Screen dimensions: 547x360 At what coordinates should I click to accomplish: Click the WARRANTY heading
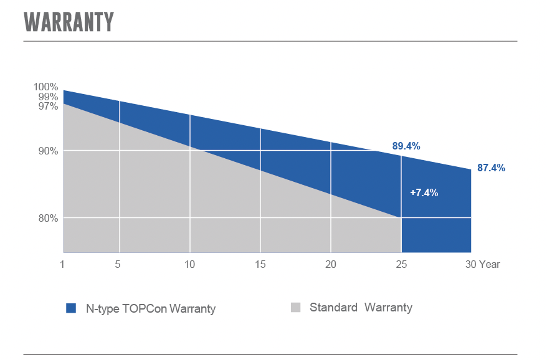click(69, 22)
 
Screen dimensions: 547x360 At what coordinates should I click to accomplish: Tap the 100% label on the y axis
click(45, 87)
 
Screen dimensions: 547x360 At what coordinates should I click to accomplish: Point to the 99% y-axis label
click(48, 97)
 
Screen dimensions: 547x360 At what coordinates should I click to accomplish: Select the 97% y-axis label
click(48, 106)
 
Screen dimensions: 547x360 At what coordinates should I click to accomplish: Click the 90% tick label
click(48, 151)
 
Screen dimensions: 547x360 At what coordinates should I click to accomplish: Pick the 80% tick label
click(48, 219)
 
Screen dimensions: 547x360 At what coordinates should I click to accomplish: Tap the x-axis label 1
click(62, 265)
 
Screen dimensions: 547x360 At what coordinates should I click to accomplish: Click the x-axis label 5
click(118, 265)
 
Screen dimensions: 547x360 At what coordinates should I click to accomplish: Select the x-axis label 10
click(189, 265)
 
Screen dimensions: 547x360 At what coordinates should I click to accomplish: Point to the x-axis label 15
click(260, 265)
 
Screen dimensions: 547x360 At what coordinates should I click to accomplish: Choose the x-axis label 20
click(331, 265)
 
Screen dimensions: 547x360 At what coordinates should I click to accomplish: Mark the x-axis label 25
click(401, 265)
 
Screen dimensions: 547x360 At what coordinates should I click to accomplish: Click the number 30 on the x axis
click(470, 265)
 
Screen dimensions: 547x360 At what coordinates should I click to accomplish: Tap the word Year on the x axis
click(490, 265)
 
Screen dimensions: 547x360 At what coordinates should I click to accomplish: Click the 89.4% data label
click(406, 146)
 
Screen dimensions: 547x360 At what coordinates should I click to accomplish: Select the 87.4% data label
click(491, 168)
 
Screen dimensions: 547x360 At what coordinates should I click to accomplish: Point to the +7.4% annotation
click(424, 192)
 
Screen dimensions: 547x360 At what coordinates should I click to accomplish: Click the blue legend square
click(71, 308)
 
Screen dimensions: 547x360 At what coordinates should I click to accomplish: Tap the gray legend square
click(295, 307)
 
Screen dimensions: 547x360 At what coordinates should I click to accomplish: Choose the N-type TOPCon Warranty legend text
click(151, 309)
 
